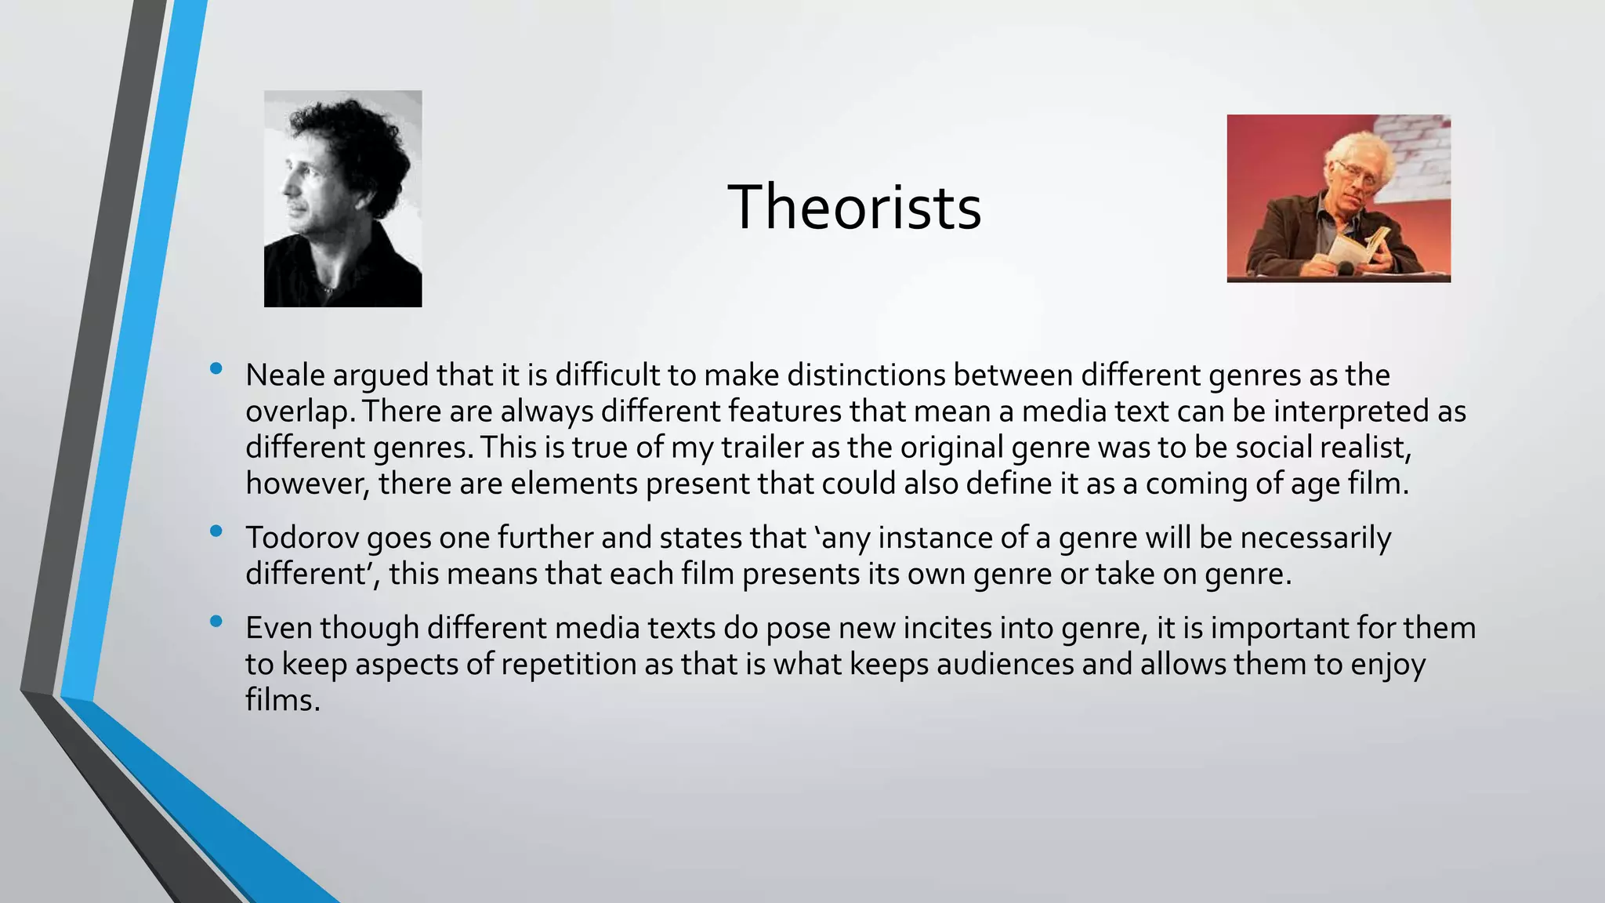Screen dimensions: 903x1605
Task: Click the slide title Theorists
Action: (x=854, y=207)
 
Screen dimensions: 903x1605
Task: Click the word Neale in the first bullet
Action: (x=284, y=375)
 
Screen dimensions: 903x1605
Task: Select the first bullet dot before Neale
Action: (x=216, y=369)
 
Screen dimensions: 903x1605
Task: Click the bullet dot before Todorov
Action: (x=216, y=532)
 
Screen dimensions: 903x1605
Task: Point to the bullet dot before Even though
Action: (x=216, y=622)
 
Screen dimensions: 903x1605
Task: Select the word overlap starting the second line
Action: (x=298, y=412)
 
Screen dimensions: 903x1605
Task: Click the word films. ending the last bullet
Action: (x=282, y=700)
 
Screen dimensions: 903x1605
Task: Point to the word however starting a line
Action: (x=306, y=484)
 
